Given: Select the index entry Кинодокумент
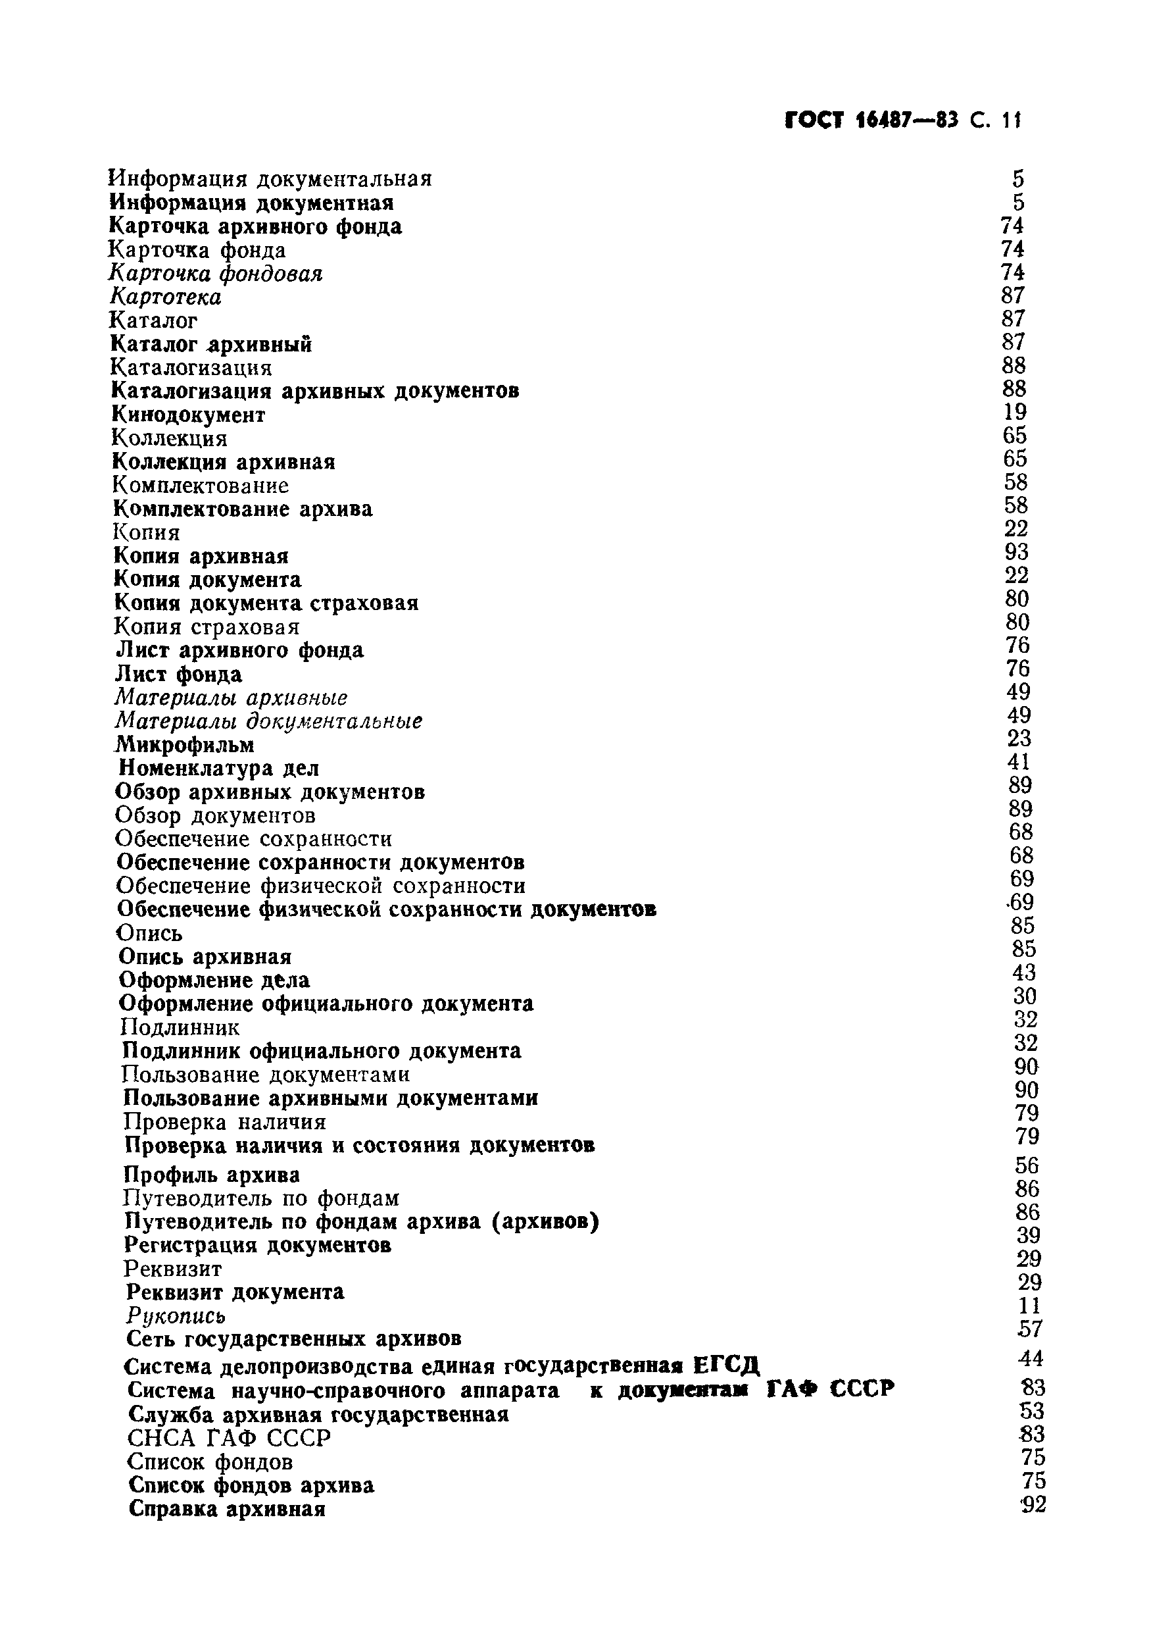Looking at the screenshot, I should [x=188, y=415].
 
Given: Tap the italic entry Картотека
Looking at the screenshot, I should [x=165, y=297].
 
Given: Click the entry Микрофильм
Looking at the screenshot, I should [x=185, y=745].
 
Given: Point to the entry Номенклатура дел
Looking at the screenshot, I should [x=219, y=769].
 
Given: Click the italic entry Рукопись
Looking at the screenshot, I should [x=176, y=1315].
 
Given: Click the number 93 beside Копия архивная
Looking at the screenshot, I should [x=1016, y=552].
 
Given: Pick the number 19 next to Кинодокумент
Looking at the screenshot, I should [x=1015, y=412].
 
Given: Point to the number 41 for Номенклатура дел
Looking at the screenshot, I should [x=1018, y=762].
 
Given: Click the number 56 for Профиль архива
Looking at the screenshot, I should [x=1027, y=1165].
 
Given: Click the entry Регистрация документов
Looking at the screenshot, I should [x=257, y=1245].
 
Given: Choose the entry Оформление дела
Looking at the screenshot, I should [x=214, y=981].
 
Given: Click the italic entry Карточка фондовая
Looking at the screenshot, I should [x=215, y=274].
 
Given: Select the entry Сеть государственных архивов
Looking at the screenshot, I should [x=293, y=1339].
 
